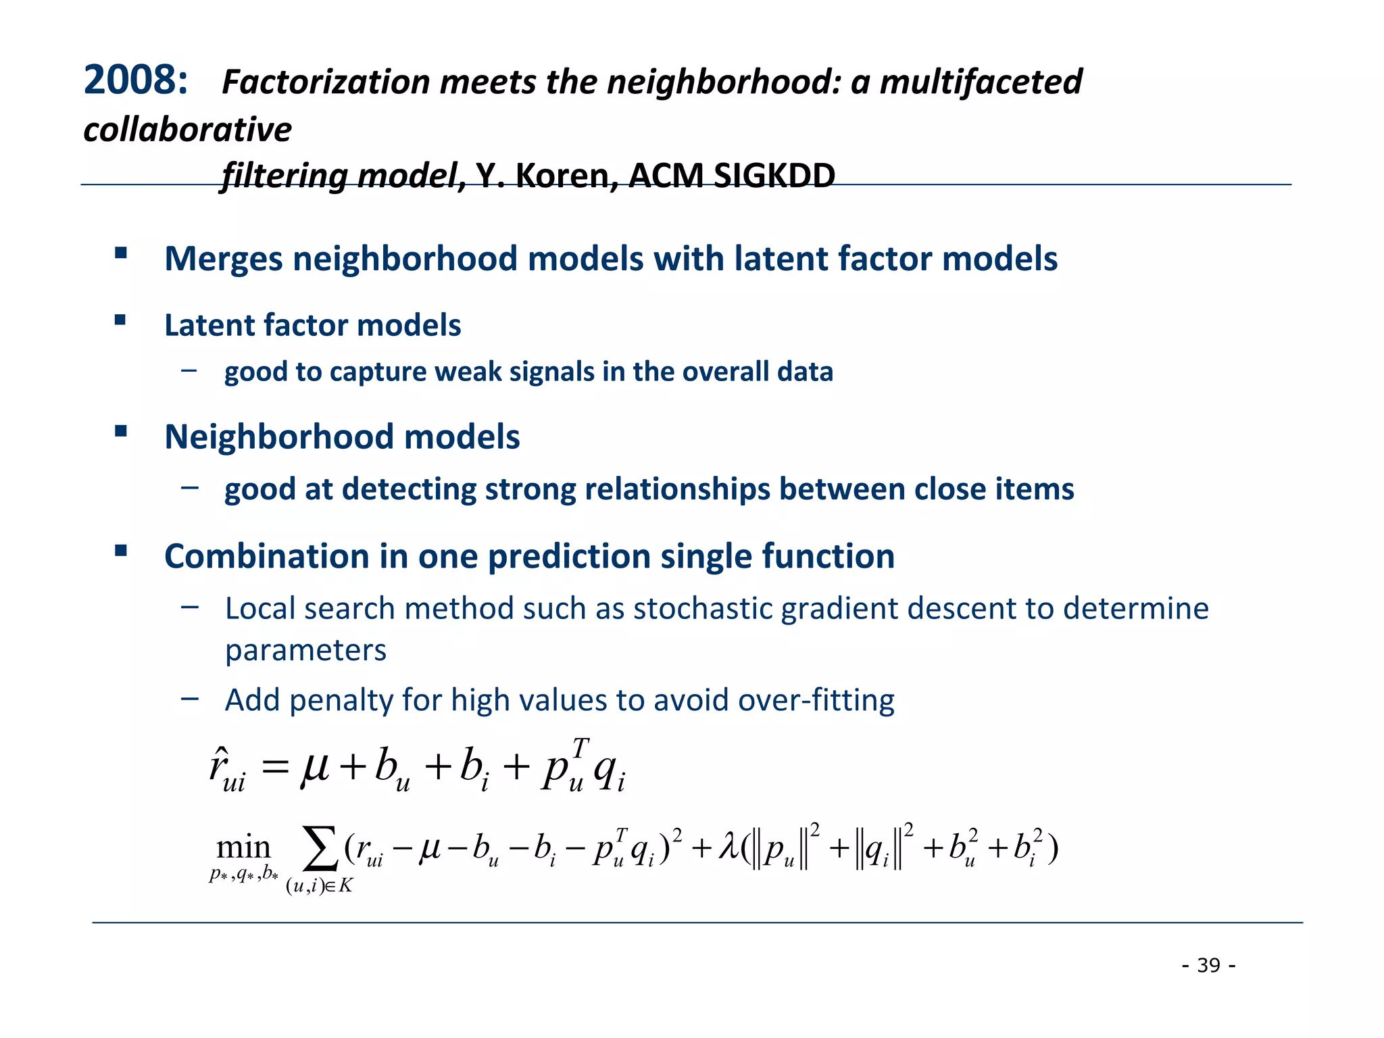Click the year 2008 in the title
point(134,80)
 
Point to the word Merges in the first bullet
point(224,259)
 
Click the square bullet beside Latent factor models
point(121,320)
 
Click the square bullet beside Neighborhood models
point(121,431)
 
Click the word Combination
point(267,556)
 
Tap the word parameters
point(305,650)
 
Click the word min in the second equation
point(243,847)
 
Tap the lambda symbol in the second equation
point(728,846)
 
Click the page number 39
point(1208,965)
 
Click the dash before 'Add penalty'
point(190,699)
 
